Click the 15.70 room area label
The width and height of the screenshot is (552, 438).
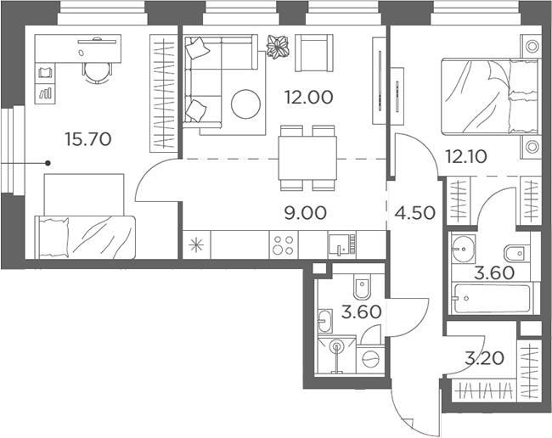88,139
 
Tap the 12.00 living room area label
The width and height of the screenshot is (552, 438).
309,98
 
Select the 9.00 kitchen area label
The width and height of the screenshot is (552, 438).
305,213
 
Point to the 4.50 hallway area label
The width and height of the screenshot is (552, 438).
414,213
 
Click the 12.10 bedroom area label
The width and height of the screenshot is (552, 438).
466,156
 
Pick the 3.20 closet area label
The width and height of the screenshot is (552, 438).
484,358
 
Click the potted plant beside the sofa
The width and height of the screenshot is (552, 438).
278,46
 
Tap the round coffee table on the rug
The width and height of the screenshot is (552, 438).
245,104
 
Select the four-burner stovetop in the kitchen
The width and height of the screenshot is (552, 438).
284,244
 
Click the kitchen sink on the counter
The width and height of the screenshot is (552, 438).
339,244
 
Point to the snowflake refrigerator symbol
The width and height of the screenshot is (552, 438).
196,244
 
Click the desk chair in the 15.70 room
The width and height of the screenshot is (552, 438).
97,73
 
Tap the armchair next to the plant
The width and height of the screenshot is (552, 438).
314,53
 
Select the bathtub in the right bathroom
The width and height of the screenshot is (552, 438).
493,299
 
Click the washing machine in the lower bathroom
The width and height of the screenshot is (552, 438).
371,360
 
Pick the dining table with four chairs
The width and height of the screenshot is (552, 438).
307,158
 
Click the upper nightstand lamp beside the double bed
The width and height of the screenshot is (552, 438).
532,46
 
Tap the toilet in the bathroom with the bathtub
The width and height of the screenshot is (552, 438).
517,252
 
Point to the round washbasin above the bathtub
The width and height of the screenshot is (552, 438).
464,249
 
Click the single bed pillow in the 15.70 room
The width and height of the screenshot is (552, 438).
54,237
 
